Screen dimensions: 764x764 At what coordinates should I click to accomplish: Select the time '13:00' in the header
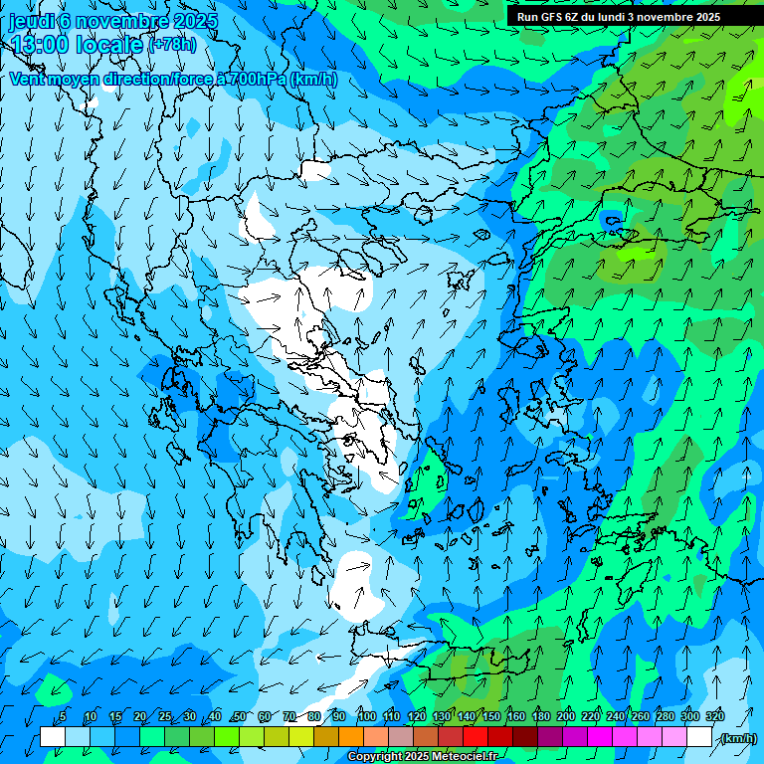click(41, 45)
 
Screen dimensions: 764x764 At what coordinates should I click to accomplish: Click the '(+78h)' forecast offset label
click(172, 45)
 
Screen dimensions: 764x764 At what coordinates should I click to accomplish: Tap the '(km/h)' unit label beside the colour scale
click(737, 738)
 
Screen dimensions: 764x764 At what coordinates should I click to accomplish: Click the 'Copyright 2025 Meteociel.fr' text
click(423, 757)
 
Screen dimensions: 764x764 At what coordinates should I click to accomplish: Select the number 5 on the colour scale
click(63, 716)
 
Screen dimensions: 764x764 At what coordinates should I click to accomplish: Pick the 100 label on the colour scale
click(367, 716)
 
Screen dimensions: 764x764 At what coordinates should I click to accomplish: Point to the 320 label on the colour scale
click(714, 716)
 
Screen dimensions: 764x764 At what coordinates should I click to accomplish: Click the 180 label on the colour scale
click(541, 716)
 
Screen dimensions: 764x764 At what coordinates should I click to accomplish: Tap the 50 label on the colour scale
click(240, 716)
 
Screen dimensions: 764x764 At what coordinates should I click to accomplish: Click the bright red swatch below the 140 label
click(476, 737)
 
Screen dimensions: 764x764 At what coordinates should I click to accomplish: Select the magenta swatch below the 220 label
click(600, 737)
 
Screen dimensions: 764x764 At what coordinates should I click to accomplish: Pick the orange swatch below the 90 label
click(351, 737)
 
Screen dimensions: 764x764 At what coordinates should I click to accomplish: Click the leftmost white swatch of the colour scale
click(53, 737)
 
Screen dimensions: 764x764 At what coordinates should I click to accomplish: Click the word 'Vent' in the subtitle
click(29, 79)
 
